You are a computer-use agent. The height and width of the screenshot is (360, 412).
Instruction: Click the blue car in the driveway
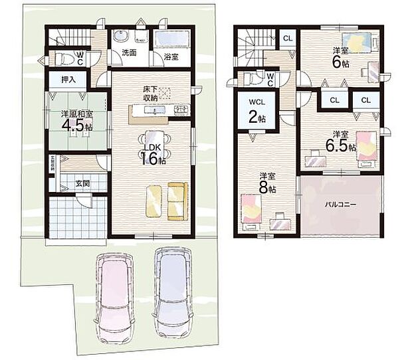tap(171, 284)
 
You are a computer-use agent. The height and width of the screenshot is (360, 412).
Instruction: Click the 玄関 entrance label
tap(82, 183)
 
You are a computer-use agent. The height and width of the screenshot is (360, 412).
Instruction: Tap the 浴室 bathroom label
tap(171, 57)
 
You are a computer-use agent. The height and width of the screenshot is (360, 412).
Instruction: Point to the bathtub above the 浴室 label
tap(172, 39)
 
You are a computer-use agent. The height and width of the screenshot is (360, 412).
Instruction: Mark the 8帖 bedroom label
tap(268, 184)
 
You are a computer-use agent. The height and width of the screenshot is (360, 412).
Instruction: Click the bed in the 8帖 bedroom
tap(251, 209)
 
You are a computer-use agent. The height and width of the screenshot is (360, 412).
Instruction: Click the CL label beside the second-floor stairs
tap(287, 38)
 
